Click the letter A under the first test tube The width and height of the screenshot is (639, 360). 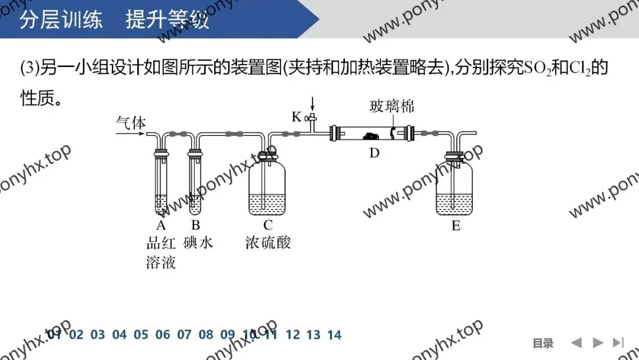coord(161,226)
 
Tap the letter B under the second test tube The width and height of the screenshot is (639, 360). coord(195,226)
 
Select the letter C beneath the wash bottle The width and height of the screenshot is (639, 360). coord(267,226)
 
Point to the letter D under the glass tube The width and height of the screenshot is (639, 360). coord(374,153)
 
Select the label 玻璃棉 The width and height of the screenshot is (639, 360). coord(392,107)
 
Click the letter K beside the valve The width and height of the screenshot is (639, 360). coord(296,117)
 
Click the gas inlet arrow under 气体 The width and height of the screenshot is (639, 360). coord(130,134)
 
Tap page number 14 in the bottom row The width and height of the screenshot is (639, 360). coord(334,335)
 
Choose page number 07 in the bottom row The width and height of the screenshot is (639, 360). coord(184,335)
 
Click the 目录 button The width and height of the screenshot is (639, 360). coord(543,343)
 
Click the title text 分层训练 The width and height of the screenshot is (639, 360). coord(62,21)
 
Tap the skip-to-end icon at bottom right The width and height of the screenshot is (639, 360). coord(618,342)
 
